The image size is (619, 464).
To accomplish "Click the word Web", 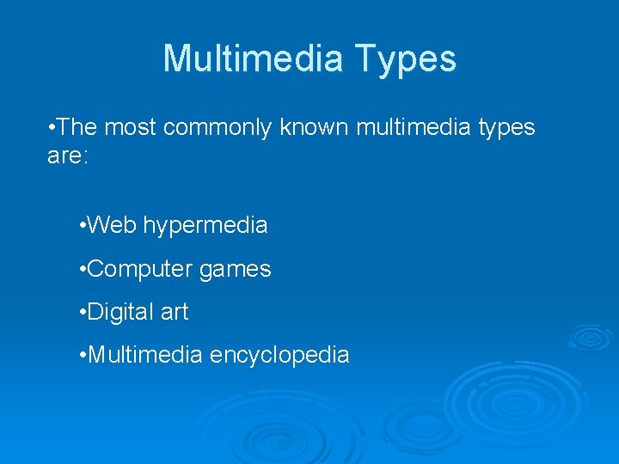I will [112, 226].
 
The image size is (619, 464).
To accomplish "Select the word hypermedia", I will [205, 227].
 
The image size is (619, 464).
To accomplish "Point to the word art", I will [174, 312].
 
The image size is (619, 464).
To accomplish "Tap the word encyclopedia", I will [279, 356].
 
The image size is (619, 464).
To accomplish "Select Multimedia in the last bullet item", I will [145, 355].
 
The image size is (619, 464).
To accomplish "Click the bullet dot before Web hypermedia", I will [81, 227].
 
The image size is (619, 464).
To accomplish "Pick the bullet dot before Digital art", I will [81, 313].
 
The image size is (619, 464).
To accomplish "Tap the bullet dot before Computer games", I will [81, 270].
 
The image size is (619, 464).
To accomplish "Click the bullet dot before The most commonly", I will [53, 129].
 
